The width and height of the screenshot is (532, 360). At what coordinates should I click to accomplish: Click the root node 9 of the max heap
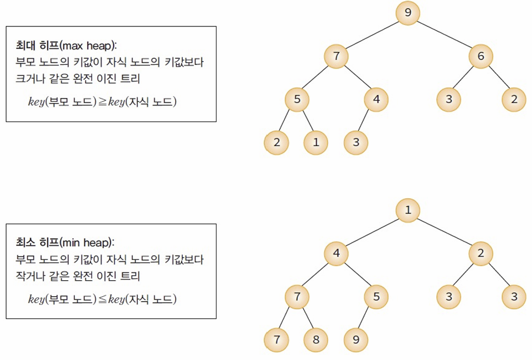point(408,13)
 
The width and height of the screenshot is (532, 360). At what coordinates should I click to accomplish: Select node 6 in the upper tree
point(481,56)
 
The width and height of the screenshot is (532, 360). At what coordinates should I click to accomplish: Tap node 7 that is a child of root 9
point(336,56)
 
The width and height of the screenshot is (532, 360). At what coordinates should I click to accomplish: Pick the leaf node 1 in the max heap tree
point(316,143)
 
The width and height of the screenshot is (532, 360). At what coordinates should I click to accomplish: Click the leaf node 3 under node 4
point(356,143)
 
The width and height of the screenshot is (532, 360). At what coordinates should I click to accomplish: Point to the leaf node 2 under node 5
point(276,143)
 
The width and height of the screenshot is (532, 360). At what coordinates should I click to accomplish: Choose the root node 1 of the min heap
point(408,210)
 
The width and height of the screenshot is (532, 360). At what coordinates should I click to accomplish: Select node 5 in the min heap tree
point(376,297)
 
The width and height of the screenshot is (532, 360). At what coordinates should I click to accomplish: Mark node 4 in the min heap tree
point(336,254)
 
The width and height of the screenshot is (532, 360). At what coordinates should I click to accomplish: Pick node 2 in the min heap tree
point(481,254)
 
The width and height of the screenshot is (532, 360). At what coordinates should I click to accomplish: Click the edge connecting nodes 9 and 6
point(444,34)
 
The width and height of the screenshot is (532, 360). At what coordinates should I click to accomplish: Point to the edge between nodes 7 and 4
point(356,78)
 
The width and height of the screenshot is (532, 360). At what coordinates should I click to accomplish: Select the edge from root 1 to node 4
point(372,232)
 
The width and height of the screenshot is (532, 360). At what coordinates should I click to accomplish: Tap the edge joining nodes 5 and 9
point(366,318)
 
